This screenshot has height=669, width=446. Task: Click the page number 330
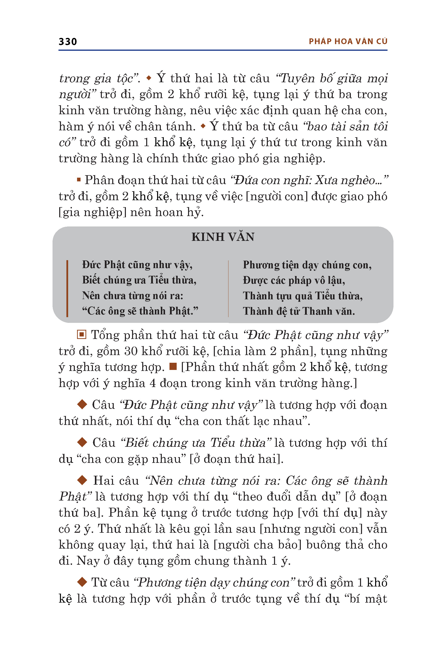click(x=68, y=42)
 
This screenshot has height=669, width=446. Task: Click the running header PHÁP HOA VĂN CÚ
click(x=348, y=42)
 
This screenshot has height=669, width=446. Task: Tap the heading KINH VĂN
click(x=223, y=237)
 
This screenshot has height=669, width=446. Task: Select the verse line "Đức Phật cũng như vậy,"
click(x=137, y=265)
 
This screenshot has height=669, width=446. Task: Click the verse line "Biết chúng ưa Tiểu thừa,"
click(x=139, y=280)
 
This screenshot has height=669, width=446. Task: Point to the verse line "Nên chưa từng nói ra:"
click(x=133, y=296)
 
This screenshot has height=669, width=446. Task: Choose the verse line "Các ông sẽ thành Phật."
click(x=140, y=311)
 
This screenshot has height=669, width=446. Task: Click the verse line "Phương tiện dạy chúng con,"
click(x=307, y=265)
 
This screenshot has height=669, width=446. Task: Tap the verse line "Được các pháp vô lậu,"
click(x=294, y=280)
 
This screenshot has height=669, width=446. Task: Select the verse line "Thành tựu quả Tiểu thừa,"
click(x=303, y=296)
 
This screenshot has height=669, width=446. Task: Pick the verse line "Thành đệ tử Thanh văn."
click(x=299, y=311)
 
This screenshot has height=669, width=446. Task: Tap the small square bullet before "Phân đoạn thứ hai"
click(x=79, y=180)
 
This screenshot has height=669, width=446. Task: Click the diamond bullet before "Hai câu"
click(x=82, y=480)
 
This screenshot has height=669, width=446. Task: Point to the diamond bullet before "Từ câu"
click(x=82, y=582)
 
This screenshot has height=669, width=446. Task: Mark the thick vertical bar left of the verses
click(x=67, y=288)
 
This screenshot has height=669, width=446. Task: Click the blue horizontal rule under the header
click(x=223, y=50)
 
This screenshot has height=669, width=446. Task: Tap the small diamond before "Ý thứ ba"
click(x=203, y=126)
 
